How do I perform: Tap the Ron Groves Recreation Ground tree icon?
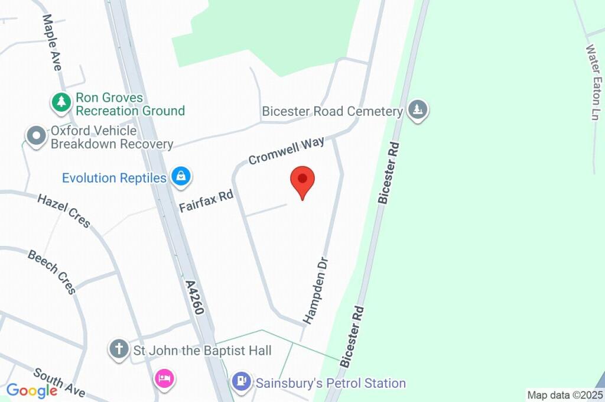pyautogui.click(x=61, y=102)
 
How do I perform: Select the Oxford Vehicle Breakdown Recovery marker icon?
pyautogui.click(x=37, y=136)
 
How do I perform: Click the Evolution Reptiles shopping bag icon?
pyautogui.click(x=180, y=176)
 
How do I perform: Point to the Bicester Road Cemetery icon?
pyautogui.click(x=418, y=109)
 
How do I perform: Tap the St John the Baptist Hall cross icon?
pyautogui.click(x=119, y=349)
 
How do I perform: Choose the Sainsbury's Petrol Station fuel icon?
pyautogui.click(x=241, y=381)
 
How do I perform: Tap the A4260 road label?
pyautogui.click(x=196, y=300)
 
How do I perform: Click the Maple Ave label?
pyautogui.click(x=51, y=43)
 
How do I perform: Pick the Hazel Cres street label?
pyautogui.click(x=64, y=210)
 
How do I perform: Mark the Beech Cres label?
pyautogui.click(x=52, y=271)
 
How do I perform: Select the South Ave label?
pyautogui.click(x=59, y=382)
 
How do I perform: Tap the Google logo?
pyautogui.click(x=31, y=390)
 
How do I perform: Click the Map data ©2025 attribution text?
pyautogui.click(x=565, y=395)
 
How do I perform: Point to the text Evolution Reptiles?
pyautogui.click(x=114, y=178)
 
